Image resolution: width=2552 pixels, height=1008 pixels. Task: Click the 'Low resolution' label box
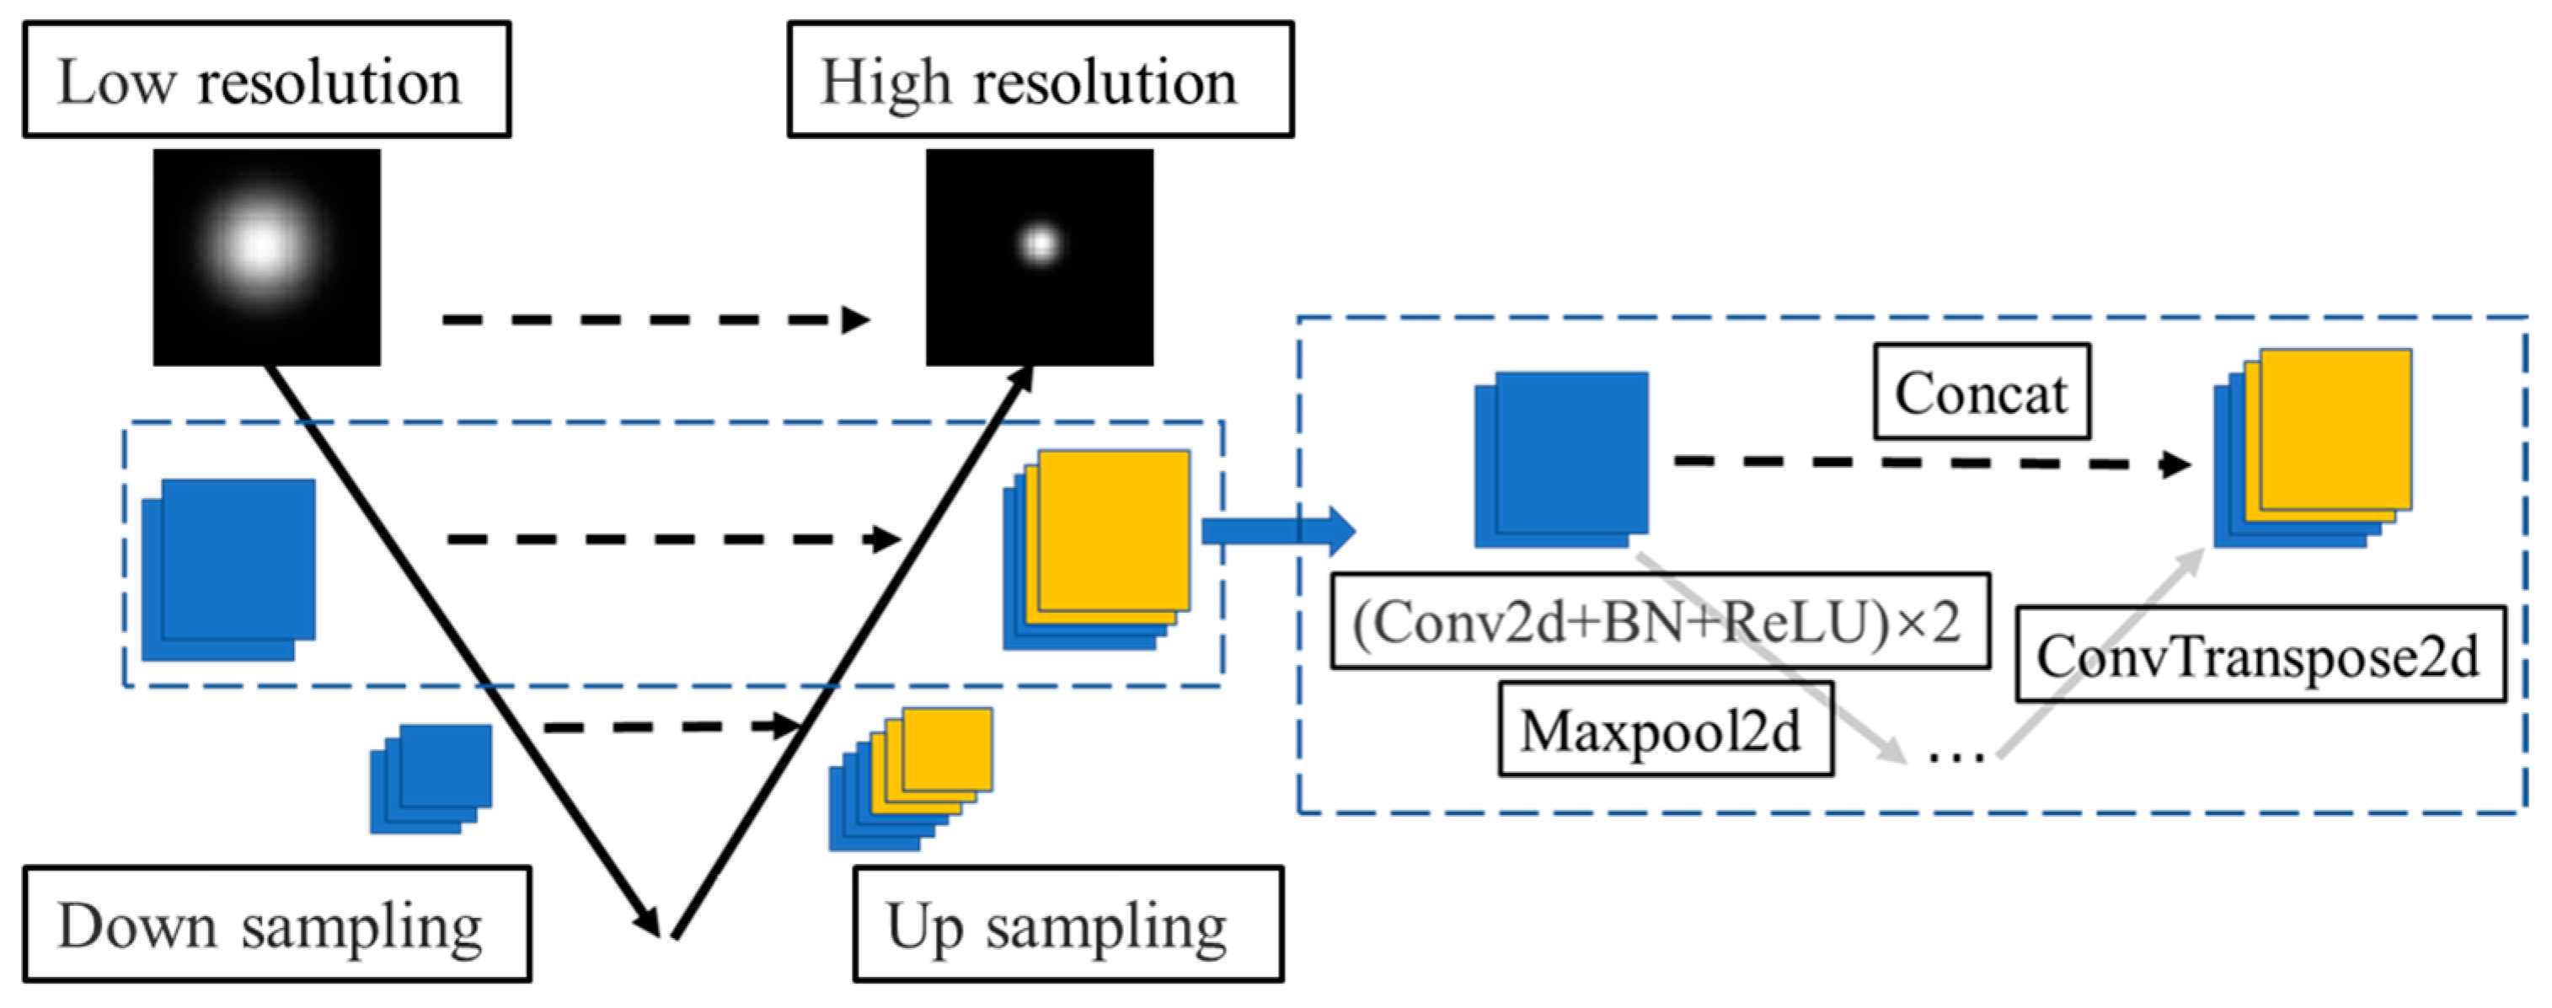(266, 79)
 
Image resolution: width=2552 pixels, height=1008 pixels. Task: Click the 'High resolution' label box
(1041, 79)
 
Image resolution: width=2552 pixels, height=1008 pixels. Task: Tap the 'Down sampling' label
(276, 925)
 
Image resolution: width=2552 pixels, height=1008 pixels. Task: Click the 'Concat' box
(1982, 393)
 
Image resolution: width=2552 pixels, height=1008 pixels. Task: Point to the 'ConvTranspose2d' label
(2260, 655)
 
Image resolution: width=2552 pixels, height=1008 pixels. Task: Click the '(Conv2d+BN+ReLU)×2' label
(1660, 621)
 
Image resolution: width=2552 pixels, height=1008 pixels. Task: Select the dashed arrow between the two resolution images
(654, 319)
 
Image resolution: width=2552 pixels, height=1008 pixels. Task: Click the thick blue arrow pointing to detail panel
(1278, 531)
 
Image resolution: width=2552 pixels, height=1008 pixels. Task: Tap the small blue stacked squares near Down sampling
(431, 778)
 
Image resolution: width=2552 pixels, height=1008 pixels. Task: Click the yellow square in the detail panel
(2335, 428)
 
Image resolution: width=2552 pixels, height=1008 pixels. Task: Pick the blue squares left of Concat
(1562, 458)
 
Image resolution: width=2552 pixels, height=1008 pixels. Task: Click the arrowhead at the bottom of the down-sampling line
(648, 920)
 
